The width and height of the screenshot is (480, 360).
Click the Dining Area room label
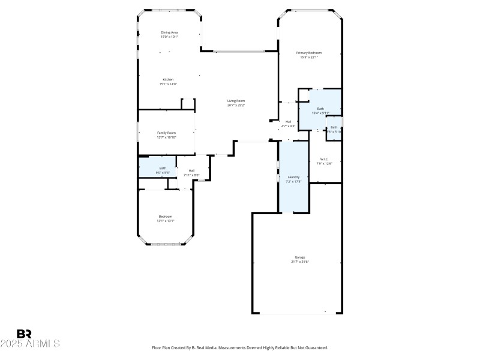point(169,32)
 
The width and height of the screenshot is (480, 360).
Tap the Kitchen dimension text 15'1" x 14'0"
point(169,85)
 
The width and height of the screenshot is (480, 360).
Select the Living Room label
point(236,101)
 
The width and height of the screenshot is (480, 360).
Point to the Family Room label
point(166,133)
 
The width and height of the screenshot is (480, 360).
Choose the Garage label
point(299,257)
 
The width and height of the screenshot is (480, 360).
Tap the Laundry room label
point(294,177)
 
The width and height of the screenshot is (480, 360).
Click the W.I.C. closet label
point(324,159)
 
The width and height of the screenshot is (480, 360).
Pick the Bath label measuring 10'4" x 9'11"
point(320,109)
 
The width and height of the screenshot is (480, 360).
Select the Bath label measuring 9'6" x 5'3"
point(163,168)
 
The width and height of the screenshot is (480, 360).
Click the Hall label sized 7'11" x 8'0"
point(191,170)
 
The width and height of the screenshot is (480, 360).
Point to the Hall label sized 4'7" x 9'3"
point(288,122)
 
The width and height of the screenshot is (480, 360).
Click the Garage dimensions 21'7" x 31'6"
point(299,262)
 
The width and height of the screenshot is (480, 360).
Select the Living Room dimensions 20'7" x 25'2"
point(236,106)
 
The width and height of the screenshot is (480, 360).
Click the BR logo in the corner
point(24,334)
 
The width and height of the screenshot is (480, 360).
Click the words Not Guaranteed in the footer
point(313,347)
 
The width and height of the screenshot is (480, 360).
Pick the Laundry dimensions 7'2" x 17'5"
point(294,181)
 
